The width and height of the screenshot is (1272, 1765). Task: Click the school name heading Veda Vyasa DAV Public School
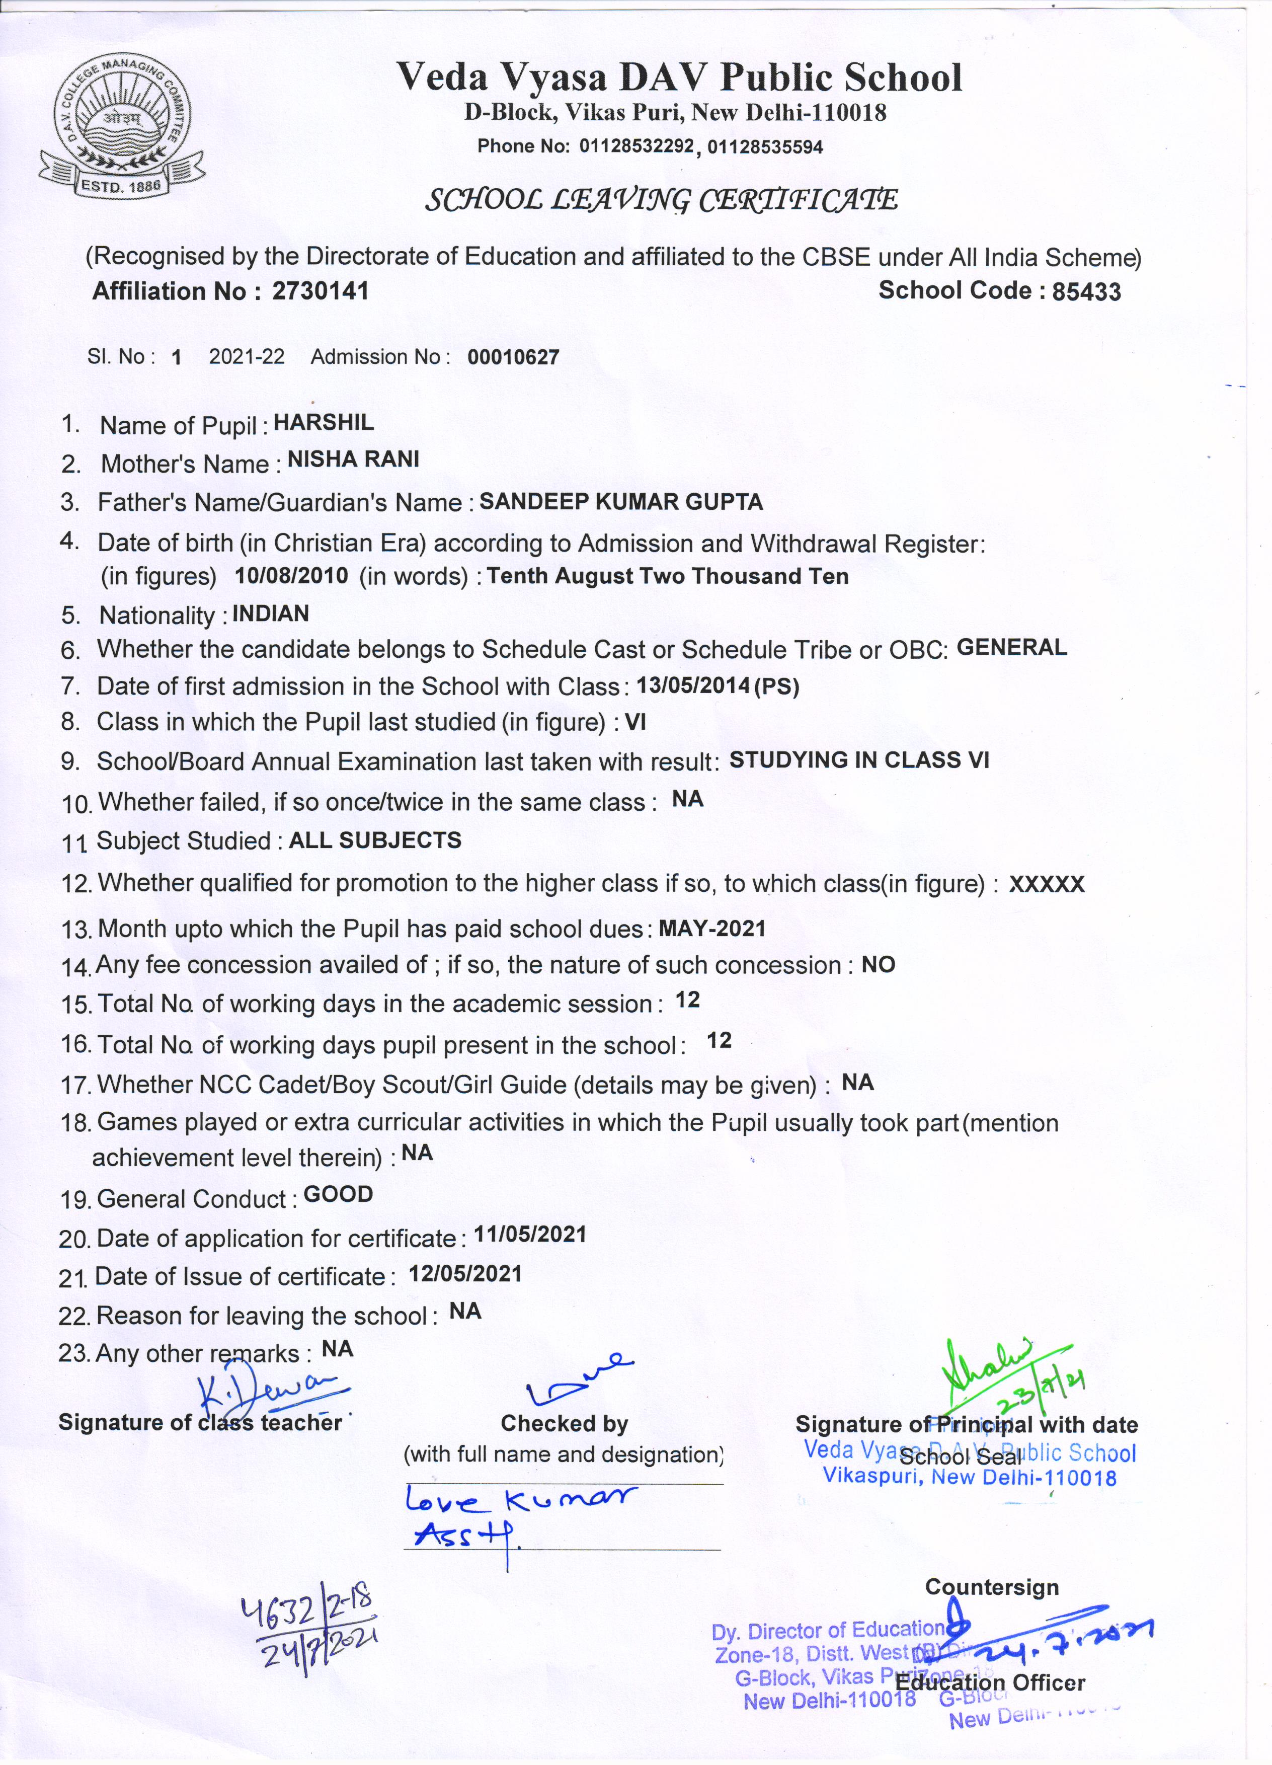tap(679, 78)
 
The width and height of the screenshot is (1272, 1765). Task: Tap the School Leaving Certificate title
tap(661, 201)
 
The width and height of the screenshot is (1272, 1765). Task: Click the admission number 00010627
tap(513, 358)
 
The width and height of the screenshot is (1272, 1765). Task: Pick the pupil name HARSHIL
tap(324, 423)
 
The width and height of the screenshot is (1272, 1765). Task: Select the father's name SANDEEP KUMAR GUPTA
tap(621, 502)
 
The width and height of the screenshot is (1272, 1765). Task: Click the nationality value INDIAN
tap(270, 614)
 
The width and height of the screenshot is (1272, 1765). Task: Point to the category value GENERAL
tap(1011, 648)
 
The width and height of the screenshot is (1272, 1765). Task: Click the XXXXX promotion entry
tap(1047, 885)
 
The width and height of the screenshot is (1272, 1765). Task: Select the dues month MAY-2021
tap(712, 929)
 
